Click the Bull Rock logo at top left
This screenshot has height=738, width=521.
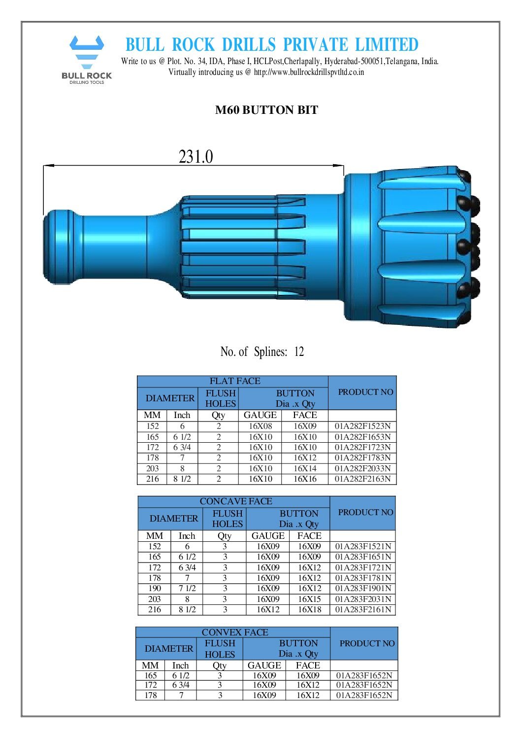(87, 59)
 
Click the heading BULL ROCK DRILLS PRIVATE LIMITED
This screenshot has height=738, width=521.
(272, 45)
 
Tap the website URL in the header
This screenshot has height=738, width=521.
(309, 72)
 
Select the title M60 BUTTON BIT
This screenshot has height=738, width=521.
(266, 110)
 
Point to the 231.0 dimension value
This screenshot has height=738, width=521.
(195, 157)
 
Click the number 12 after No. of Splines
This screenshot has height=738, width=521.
(299, 352)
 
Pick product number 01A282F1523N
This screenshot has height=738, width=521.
(362, 426)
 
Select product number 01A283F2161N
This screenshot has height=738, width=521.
(363, 610)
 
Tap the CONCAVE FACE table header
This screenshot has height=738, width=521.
(235, 501)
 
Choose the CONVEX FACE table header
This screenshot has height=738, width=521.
(235, 632)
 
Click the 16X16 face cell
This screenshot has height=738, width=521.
(305, 479)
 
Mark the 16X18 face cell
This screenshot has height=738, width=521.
(309, 610)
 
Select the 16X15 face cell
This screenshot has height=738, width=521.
(309, 599)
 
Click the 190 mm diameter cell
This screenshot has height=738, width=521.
(155, 589)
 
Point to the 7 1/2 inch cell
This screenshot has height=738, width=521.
(187, 589)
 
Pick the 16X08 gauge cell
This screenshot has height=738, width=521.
(260, 426)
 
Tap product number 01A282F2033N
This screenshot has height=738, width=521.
(362, 468)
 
